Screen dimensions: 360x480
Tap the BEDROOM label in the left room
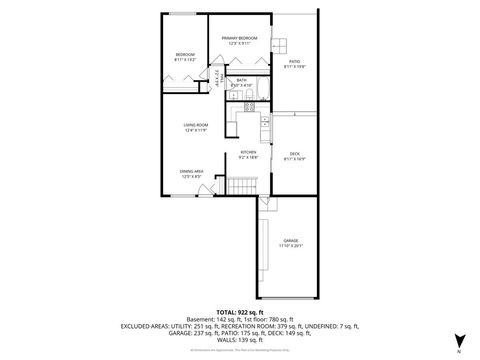point(185,54)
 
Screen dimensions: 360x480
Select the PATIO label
point(294,62)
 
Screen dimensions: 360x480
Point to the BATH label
point(241,81)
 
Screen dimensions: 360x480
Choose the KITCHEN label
point(247,153)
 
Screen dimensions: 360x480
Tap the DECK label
point(294,153)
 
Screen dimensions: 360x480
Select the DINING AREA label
point(192,172)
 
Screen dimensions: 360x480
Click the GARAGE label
point(290,241)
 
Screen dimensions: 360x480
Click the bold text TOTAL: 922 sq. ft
point(240,313)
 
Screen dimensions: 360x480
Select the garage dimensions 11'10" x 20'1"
point(290,247)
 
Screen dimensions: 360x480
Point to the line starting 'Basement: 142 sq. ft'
point(240,320)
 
